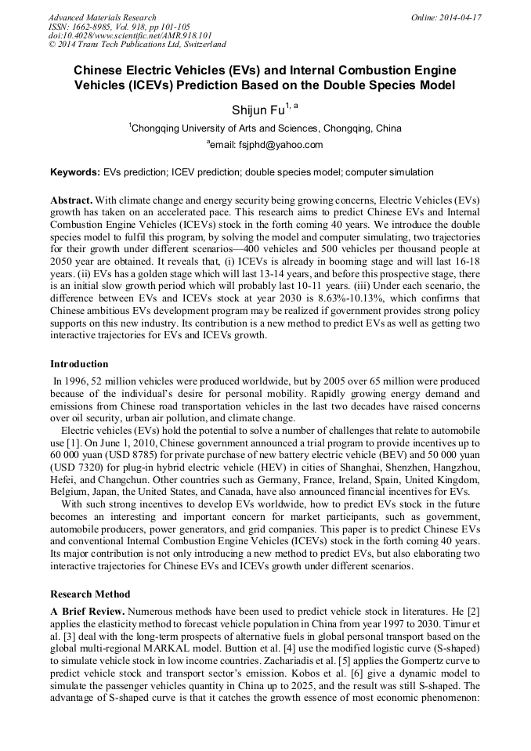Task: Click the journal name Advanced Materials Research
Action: pos(102,17)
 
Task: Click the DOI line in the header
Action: pos(130,35)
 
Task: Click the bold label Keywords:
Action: pos(75,172)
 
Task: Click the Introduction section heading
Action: pos(79,364)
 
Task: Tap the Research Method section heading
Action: pos(90,594)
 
